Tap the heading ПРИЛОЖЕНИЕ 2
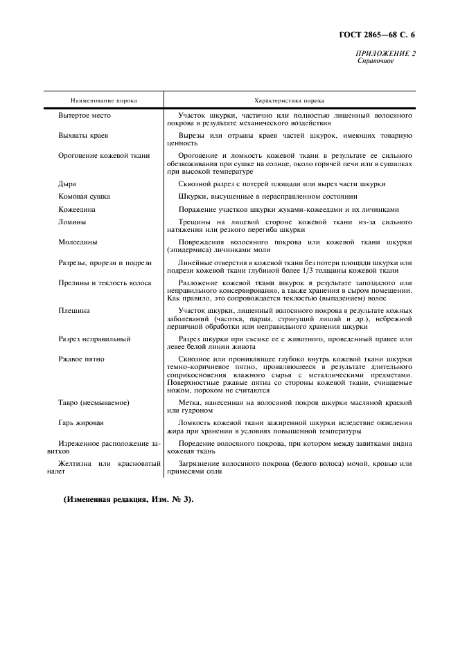(385, 53)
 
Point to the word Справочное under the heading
(376, 61)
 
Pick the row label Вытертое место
(85, 115)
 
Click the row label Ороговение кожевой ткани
(104, 155)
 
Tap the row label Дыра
(67, 183)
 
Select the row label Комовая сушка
(84, 196)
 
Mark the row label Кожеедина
(77, 208)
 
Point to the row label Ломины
(72, 222)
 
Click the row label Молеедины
(78, 242)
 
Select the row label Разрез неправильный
(94, 339)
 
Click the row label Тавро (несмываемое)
(95, 402)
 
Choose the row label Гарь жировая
(82, 422)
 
